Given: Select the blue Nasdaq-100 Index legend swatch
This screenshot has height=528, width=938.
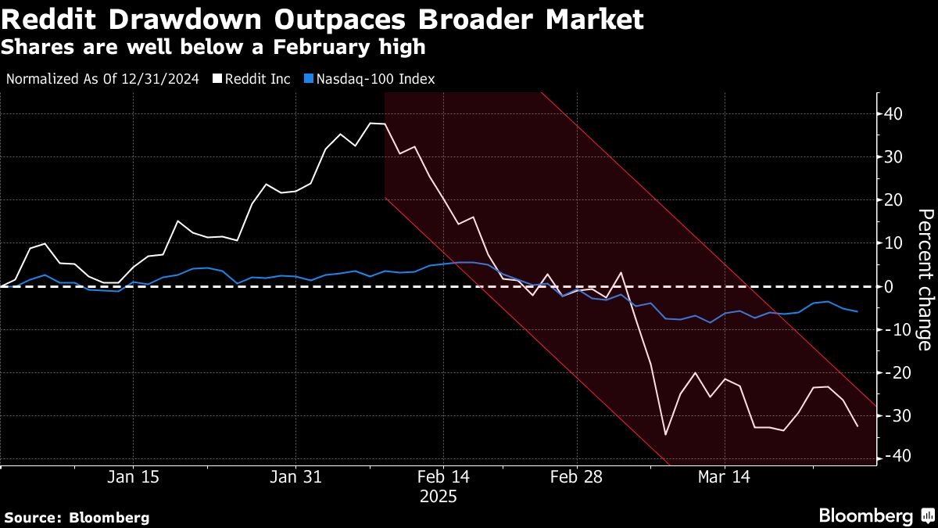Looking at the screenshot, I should point(308,79).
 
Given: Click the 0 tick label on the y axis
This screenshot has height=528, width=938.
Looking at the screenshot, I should point(889,286).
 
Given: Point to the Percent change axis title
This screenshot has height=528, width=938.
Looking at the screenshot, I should point(923,278).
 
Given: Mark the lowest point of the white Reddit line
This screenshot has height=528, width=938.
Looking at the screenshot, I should point(665,434).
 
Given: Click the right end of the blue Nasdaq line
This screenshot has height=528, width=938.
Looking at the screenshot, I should point(857,311).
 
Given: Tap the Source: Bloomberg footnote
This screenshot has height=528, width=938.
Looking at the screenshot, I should point(77,517).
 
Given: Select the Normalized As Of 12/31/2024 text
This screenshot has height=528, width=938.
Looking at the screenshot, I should point(102,79).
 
